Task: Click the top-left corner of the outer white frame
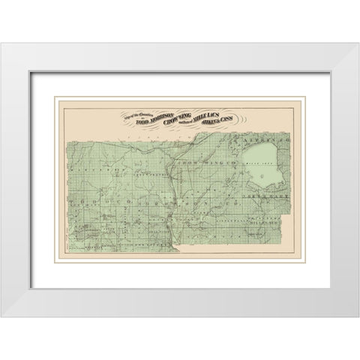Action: tap(1, 43)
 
